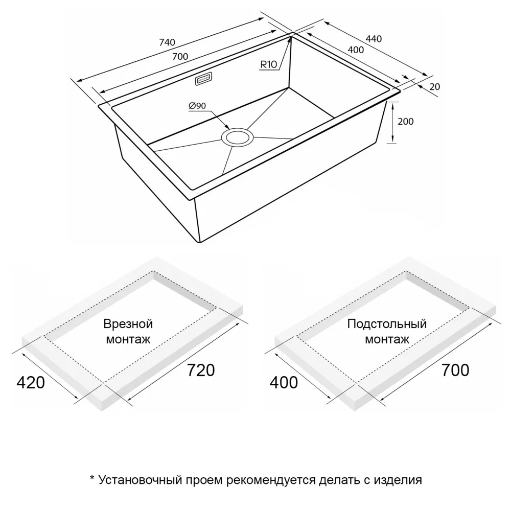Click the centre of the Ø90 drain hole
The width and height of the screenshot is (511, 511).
click(x=237, y=137)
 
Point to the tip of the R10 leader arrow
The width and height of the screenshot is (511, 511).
click(x=290, y=37)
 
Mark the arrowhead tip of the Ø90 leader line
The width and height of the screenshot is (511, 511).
click(x=229, y=129)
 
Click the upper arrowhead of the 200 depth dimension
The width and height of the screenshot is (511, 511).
click(x=393, y=102)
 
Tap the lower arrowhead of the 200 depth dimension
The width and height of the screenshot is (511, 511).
click(x=393, y=143)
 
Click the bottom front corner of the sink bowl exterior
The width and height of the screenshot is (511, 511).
click(x=199, y=242)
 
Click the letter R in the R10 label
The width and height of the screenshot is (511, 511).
click(x=263, y=64)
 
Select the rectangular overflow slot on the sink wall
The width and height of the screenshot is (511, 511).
click(x=204, y=79)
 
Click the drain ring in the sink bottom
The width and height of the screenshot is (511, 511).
click(x=237, y=137)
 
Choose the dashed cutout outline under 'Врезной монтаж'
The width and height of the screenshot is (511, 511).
click(x=130, y=327)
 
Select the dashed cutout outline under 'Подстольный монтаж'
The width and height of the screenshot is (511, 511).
click(x=383, y=327)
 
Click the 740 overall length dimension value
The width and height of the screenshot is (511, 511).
click(x=167, y=42)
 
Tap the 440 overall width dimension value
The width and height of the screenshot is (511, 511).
click(x=374, y=39)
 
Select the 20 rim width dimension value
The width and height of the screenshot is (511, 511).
click(x=435, y=87)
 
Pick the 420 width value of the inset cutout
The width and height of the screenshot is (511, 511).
click(x=31, y=383)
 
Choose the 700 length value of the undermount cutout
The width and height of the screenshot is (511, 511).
click(x=455, y=370)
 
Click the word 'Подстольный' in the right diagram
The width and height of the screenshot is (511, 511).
click(x=387, y=324)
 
